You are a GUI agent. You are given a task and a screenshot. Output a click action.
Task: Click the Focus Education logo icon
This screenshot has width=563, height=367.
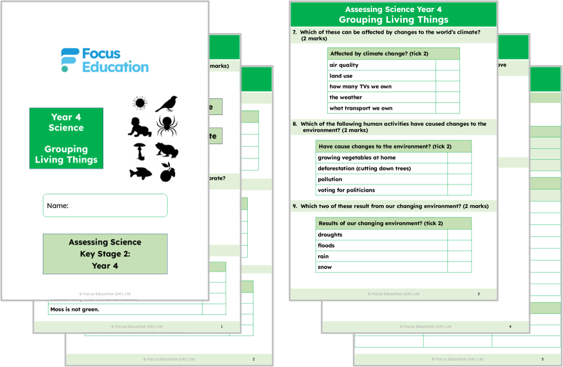pos(70,60)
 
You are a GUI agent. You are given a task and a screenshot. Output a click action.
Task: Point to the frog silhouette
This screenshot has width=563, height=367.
pos(166,151)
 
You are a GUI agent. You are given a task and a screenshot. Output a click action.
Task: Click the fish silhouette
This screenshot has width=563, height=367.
pos(140,172)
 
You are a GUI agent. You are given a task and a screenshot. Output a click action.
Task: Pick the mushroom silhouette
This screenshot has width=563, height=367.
pos(139,151)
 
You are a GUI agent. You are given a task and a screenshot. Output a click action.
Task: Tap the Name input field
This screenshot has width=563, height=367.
pos(105,206)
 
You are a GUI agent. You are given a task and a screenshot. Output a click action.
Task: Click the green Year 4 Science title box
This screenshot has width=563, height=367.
pos(66,139)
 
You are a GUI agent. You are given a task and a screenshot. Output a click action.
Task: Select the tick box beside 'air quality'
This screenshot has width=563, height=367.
pos(447,65)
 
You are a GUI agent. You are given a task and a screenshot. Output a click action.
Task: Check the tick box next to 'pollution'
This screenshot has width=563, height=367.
pos(459,179)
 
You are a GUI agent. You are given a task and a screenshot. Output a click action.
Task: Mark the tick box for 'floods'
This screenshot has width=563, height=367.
pos(459,246)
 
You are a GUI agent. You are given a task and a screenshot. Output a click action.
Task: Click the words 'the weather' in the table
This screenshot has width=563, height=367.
pos(346,97)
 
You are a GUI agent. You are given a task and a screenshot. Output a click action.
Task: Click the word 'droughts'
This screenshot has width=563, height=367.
pos(330,235)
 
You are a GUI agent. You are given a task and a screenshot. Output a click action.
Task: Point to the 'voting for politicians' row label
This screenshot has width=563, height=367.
pos(346,190)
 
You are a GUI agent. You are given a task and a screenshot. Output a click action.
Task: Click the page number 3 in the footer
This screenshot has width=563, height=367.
pos(478,294)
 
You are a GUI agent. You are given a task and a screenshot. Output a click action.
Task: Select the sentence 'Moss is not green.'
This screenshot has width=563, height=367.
pos(75,309)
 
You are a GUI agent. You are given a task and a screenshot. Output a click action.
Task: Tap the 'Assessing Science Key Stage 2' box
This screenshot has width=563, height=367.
pos(105,254)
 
